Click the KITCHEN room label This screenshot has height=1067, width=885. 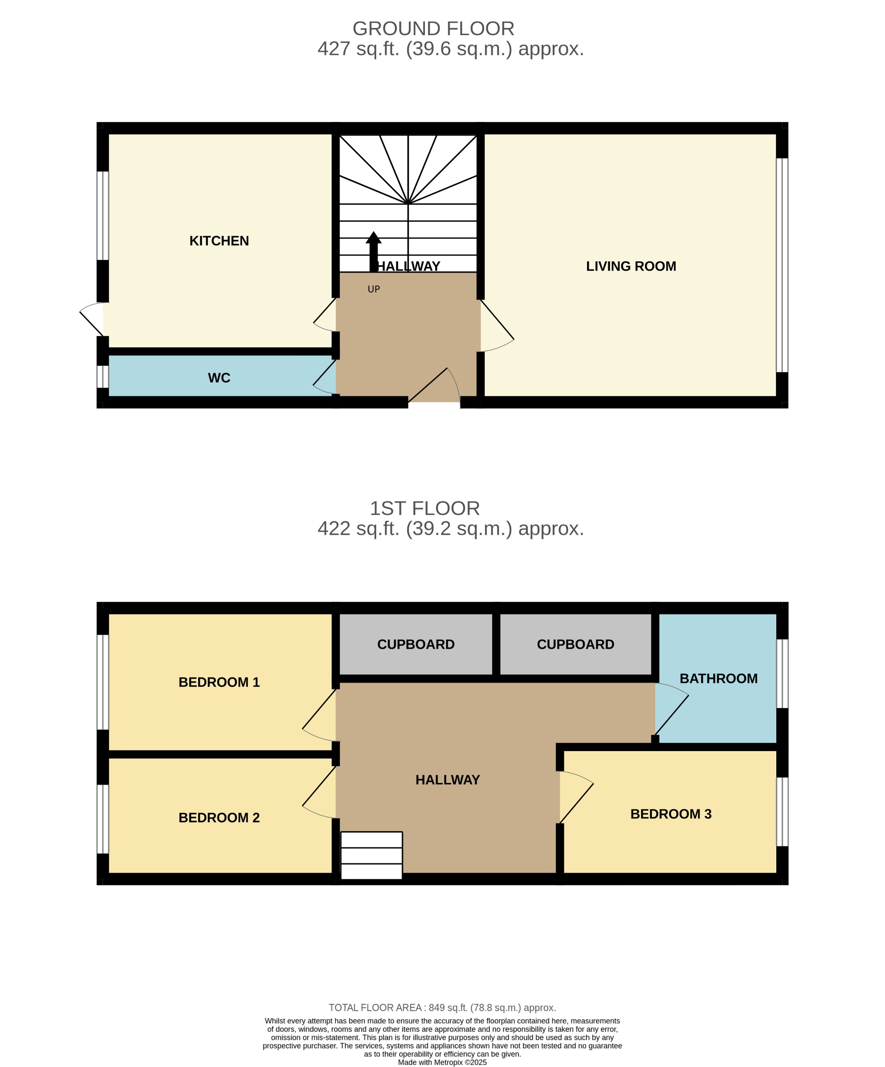pyautogui.click(x=219, y=241)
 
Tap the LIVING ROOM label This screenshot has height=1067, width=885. pyautogui.click(x=631, y=266)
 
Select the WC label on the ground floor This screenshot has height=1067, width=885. pyautogui.click(x=219, y=378)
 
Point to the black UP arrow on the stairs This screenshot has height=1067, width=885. pyautogui.click(x=373, y=251)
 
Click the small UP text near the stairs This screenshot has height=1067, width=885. pyautogui.click(x=373, y=289)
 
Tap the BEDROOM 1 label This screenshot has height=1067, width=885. pyautogui.click(x=219, y=682)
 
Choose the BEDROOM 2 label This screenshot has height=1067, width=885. pyautogui.click(x=219, y=818)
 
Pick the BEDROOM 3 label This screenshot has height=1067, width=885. pyautogui.click(x=670, y=814)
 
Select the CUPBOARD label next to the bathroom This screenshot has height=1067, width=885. pyautogui.click(x=575, y=644)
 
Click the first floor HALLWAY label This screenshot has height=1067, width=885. pyautogui.click(x=447, y=780)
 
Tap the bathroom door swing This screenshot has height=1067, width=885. pyautogui.click(x=671, y=709)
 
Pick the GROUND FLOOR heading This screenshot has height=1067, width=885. pyautogui.click(x=433, y=28)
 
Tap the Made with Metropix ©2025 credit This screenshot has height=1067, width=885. pyautogui.click(x=442, y=1062)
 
